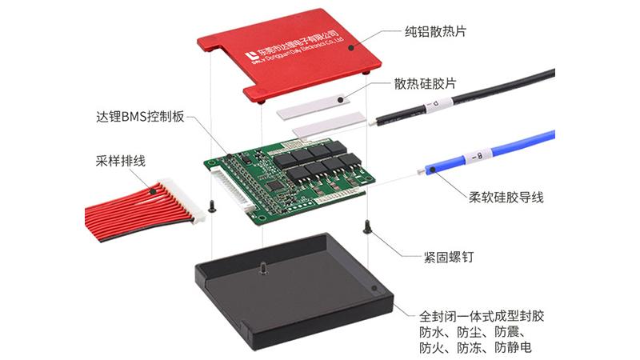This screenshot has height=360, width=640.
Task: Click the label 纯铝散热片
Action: (435, 31)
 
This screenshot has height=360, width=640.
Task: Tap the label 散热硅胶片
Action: (425, 84)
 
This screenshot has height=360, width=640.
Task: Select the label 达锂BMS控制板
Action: (140, 117)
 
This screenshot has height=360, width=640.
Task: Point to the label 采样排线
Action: (121, 161)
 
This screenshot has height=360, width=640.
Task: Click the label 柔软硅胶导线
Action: (506, 198)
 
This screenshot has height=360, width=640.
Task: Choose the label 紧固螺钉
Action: (448, 257)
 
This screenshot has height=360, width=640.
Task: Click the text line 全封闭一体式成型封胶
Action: (482, 316)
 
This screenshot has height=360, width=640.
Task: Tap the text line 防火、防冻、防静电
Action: (475, 347)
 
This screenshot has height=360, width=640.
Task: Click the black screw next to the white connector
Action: (212, 206)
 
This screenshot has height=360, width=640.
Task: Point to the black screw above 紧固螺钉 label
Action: (367, 227)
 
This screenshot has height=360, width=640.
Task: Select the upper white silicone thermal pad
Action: (313, 106)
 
